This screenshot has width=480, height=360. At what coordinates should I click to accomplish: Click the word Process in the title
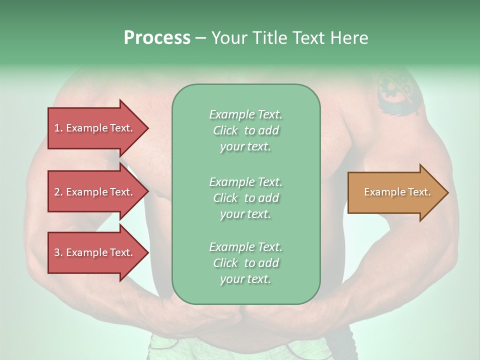tap(157, 38)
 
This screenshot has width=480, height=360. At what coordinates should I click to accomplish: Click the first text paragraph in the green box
tap(245, 130)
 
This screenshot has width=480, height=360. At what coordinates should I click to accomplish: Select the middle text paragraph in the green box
tap(245, 197)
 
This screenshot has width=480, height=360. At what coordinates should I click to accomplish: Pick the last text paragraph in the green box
tap(245, 263)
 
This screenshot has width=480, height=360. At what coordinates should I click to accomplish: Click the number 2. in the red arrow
tap(58, 192)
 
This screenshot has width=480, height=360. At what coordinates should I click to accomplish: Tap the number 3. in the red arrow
tap(58, 252)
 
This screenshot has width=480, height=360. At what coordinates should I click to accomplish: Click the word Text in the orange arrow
tap(419, 192)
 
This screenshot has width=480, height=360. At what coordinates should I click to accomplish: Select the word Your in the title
tap(228, 38)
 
